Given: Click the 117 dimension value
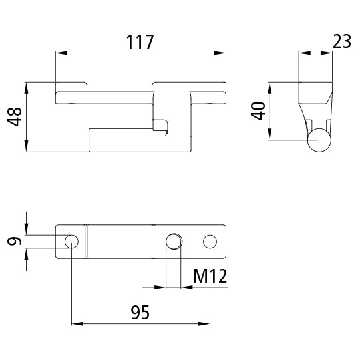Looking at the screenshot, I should tap(140, 41).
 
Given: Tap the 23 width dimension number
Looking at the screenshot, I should tap(341, 41).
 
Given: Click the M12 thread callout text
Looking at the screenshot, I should tap(209, 275).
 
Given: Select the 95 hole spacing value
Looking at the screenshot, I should tap(140, 311).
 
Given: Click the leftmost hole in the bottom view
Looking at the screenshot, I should tap(71, 240).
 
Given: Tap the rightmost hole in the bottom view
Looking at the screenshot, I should tap(210, 240).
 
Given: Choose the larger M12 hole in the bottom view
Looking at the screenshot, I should tap(174, 240).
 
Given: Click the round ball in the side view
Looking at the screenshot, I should tap(321, 140).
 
